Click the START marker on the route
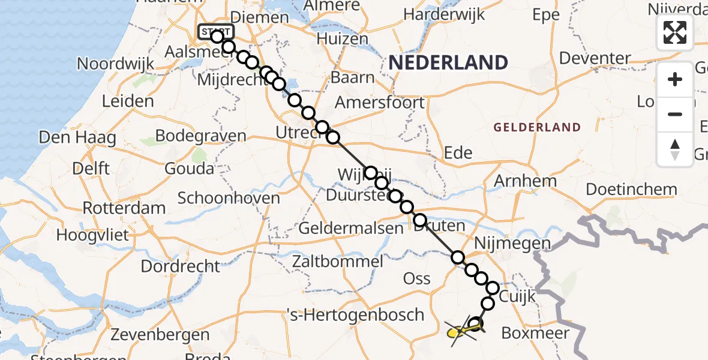(215, 32)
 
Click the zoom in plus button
(675, 79)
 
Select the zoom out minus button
(675, 114)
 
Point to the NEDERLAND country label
(448, 62)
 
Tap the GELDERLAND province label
(537, 127)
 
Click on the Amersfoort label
(380, 102)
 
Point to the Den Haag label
(77, 137)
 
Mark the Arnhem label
(525, 181)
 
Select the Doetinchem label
(631, 190)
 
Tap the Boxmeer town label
(530, 332)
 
